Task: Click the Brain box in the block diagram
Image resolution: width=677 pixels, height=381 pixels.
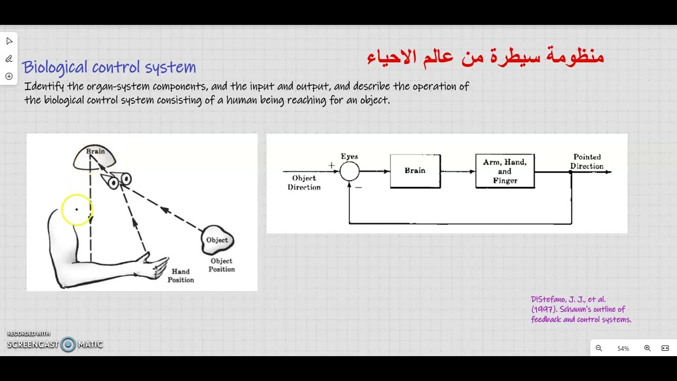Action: tap(415, 171)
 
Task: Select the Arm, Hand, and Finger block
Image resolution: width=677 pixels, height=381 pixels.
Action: tap(505, 171)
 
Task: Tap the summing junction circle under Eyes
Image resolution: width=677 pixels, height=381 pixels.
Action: tap(350, 171)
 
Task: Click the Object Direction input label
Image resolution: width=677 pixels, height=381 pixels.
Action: tap(304, 183)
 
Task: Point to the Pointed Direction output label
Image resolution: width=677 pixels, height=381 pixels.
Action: tap(587, 161)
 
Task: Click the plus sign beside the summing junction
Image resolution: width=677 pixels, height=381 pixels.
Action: tap(332, 165)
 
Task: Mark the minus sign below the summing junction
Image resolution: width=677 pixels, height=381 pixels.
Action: tap(358, 187)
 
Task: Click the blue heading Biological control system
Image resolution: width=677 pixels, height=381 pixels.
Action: tap(109, 67)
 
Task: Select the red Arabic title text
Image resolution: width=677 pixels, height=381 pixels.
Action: tap(485, 57)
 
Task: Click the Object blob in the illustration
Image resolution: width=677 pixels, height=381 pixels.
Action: tap(217, 240)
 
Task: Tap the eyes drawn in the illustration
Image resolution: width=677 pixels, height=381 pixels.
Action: tap(119, 180)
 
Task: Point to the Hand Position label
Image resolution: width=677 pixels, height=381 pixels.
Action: tap(181, 276)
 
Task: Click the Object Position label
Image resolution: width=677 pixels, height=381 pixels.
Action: tap(222, 265)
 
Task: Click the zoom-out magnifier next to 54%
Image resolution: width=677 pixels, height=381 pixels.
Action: tap(599, 348)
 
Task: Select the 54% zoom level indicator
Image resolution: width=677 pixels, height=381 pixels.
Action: tap(623, 348)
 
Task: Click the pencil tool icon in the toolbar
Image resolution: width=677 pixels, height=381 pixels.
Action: tap(9, 59)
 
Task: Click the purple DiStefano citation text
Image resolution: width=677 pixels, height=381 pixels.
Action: tap(581, 310)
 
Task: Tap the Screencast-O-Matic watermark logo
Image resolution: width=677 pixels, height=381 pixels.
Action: tap(55, 344)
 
